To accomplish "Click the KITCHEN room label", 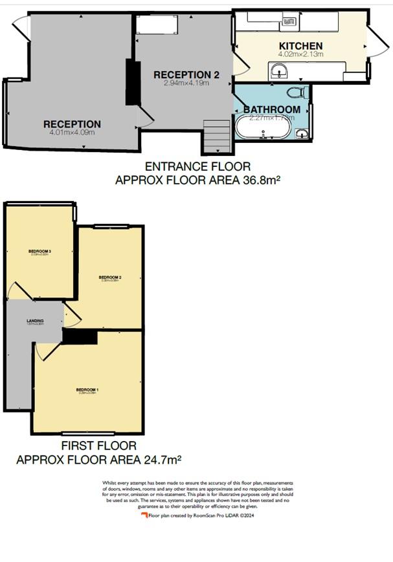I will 300,46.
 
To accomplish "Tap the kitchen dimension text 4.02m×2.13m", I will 300,54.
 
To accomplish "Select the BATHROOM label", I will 272,109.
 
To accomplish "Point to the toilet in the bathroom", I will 297,92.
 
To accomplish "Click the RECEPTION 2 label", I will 186,75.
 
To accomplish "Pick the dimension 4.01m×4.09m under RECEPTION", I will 72,133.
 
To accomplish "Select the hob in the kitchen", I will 289,22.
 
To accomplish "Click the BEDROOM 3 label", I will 39,251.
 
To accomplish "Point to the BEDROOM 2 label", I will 110,277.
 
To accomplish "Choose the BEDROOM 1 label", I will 87,389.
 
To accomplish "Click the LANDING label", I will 35,320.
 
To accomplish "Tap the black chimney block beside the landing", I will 80,337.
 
